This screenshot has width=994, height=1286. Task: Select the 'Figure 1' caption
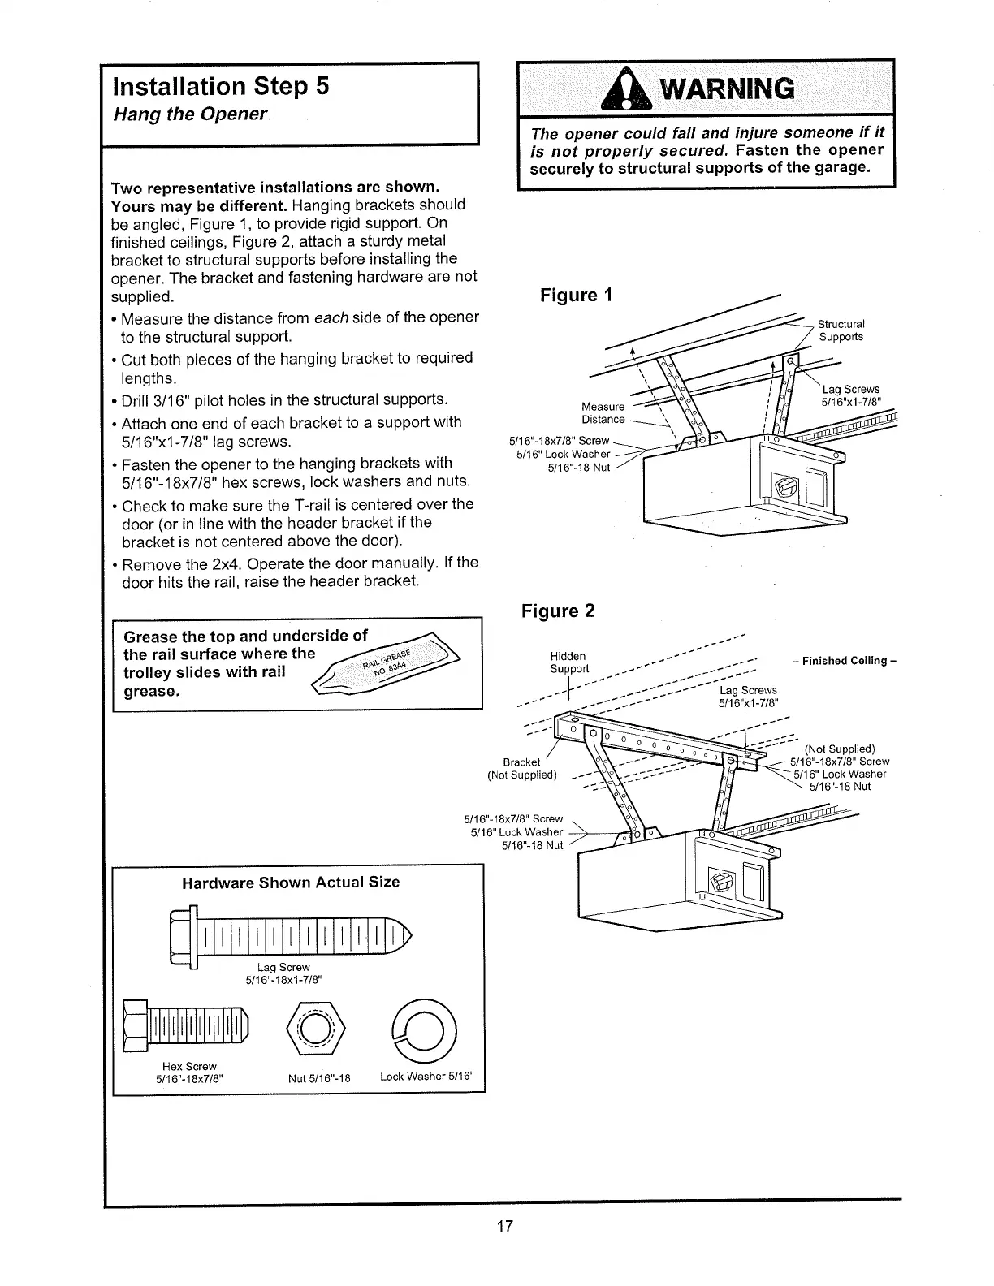point(576,295)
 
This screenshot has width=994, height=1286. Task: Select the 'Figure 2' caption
point(558,611)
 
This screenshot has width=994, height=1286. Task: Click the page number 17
point(504,1226)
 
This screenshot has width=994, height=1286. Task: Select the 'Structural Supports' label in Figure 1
point(841,330)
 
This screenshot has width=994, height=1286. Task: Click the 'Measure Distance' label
point(603,412)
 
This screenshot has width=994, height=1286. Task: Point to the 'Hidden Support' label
point(568,662)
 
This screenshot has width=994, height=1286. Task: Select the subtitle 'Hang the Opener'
point(190,114)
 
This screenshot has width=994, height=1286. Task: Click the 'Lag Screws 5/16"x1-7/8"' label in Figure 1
point(850,395)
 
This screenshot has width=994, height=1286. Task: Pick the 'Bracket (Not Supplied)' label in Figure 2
point(521,768)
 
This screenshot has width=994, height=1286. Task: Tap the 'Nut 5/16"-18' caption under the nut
point(319,1079)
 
